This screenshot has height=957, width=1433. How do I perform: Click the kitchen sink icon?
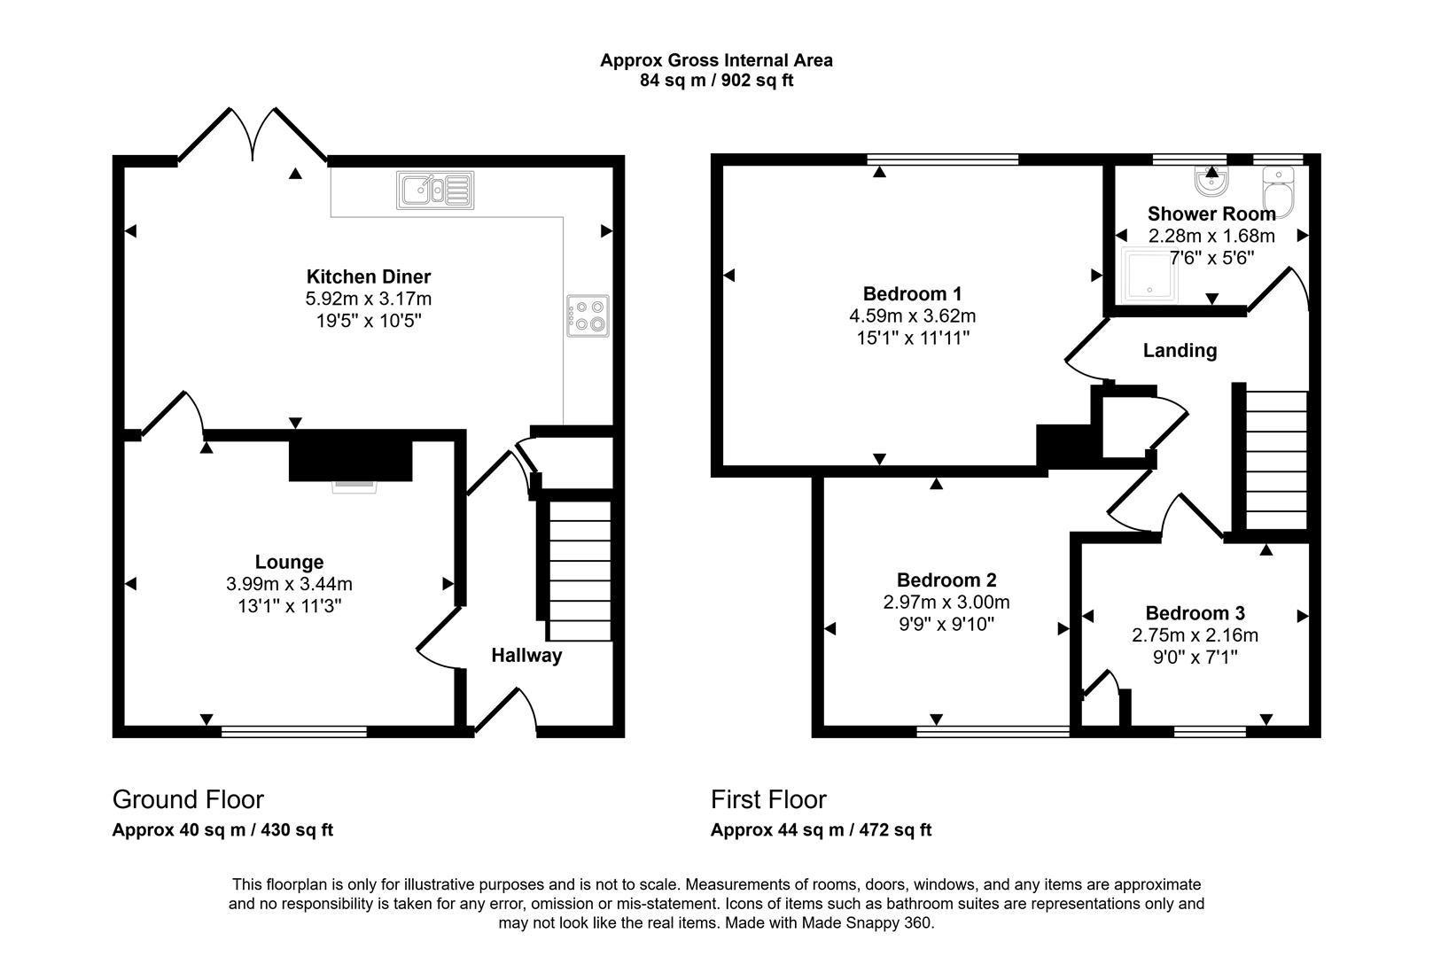(435, 190)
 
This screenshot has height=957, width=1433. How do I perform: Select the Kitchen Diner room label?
(368, 276)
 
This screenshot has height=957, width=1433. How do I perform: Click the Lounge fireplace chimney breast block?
(350, 457)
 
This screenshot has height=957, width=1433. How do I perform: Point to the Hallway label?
(526, 656)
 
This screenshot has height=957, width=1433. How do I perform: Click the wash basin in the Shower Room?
(1211, 183)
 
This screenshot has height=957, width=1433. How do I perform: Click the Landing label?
(1179, 351)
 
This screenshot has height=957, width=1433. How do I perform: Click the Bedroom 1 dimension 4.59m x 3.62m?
(912, 315)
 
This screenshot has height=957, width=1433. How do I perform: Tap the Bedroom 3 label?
(1195, 613)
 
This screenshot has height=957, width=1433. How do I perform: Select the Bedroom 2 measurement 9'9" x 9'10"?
(946, 624)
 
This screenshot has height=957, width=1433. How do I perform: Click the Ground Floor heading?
(188, 799)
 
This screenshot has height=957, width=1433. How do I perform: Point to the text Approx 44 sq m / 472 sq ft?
(821, 830)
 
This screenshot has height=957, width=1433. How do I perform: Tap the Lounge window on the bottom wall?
(293, 731)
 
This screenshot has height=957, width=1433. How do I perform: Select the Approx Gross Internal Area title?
(716, 60)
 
